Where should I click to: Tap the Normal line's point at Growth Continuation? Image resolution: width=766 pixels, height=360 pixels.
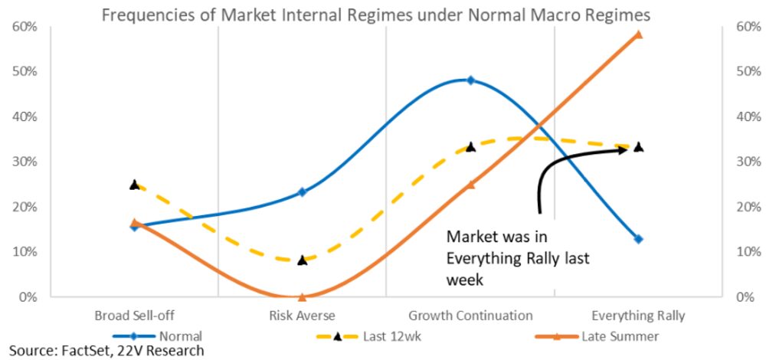(470, 80)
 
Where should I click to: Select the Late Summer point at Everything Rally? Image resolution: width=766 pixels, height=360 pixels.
(638, 34)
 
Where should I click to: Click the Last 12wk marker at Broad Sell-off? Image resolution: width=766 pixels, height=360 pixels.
(134, 185)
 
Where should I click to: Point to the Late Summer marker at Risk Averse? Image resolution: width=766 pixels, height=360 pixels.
(302, 296)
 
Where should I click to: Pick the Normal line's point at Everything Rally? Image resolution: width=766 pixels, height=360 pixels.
(638, 239)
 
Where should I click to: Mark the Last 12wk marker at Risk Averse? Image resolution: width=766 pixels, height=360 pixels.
(302, 260)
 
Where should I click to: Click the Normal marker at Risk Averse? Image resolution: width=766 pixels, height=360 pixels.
(302, 192)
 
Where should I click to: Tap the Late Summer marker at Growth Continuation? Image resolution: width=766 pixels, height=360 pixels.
(470, 185)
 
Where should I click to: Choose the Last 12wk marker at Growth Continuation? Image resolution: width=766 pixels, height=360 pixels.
(470, 147)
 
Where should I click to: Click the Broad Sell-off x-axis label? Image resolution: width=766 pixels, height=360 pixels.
(134, 316)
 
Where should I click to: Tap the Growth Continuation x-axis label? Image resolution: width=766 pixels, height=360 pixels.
(470, 316)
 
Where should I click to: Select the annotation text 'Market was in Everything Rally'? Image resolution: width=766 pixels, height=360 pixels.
(518, 257)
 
